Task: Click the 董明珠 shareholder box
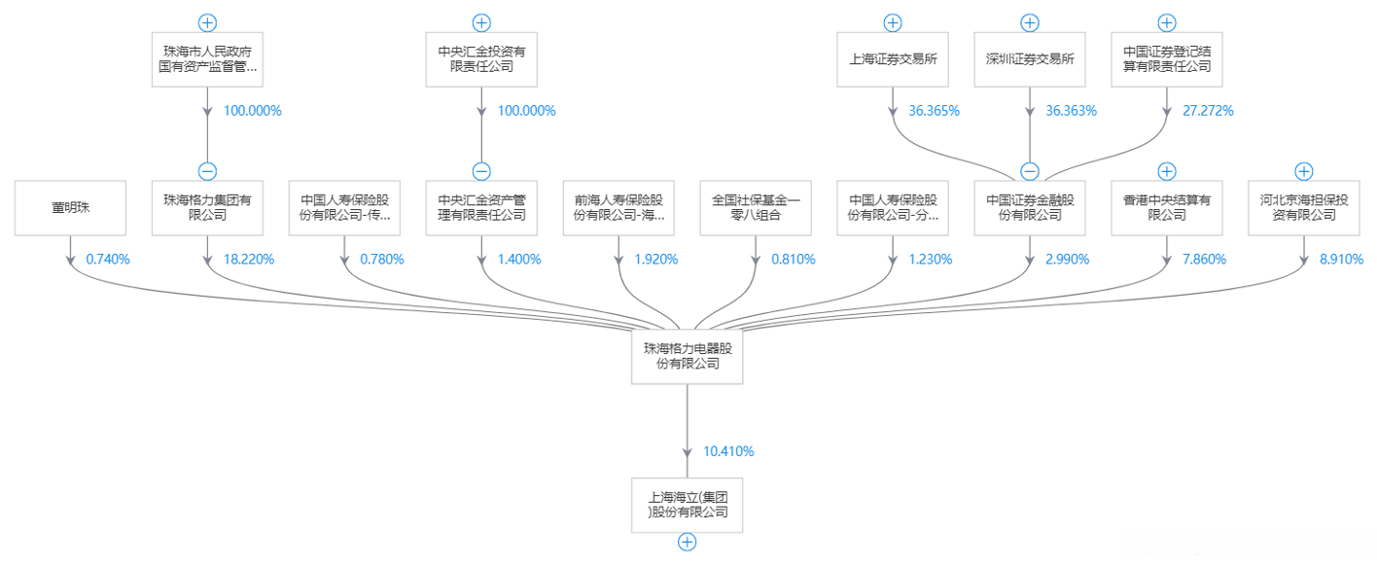pos(71,207)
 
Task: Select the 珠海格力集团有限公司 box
pos(207,207)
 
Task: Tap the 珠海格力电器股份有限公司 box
pos(688,355)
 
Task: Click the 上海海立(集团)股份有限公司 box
pos(688,504)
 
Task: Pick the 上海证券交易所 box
pos(893,58)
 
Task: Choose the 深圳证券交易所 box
pos(1030,58)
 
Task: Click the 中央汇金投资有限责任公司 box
pos(481,58)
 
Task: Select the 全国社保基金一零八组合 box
pos(756,207)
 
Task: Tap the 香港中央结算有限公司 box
pos(1167,207)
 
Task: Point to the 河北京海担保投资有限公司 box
pos(1304,207)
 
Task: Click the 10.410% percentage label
pos(728,451)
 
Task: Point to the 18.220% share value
pos(250,260)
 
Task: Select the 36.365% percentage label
pos(935,111)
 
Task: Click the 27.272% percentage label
pos(1209,111)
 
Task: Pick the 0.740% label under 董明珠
pos(108,260)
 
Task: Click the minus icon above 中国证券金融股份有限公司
pos(1030,172)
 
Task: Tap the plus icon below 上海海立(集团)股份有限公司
pos(688,543)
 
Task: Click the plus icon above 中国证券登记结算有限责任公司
pos(1167,22)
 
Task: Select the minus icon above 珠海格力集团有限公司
pos(207,172)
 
